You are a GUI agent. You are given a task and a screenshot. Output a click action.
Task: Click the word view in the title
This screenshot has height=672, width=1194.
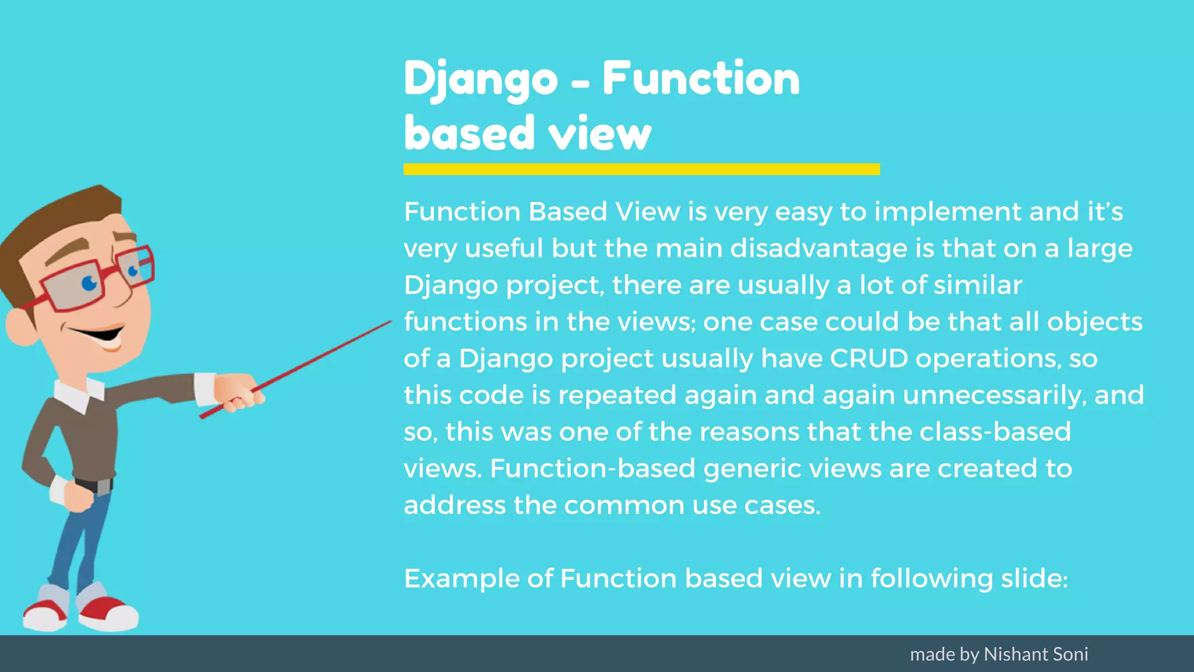click(x=600, y=134)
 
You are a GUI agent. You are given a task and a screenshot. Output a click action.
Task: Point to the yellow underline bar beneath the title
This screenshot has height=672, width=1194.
click(x=641, y=169)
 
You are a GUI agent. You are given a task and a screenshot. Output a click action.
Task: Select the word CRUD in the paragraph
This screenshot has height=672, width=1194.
click(x=869, y=358)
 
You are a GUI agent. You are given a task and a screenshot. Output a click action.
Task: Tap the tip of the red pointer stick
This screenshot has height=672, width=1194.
click(x=389, y=322)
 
